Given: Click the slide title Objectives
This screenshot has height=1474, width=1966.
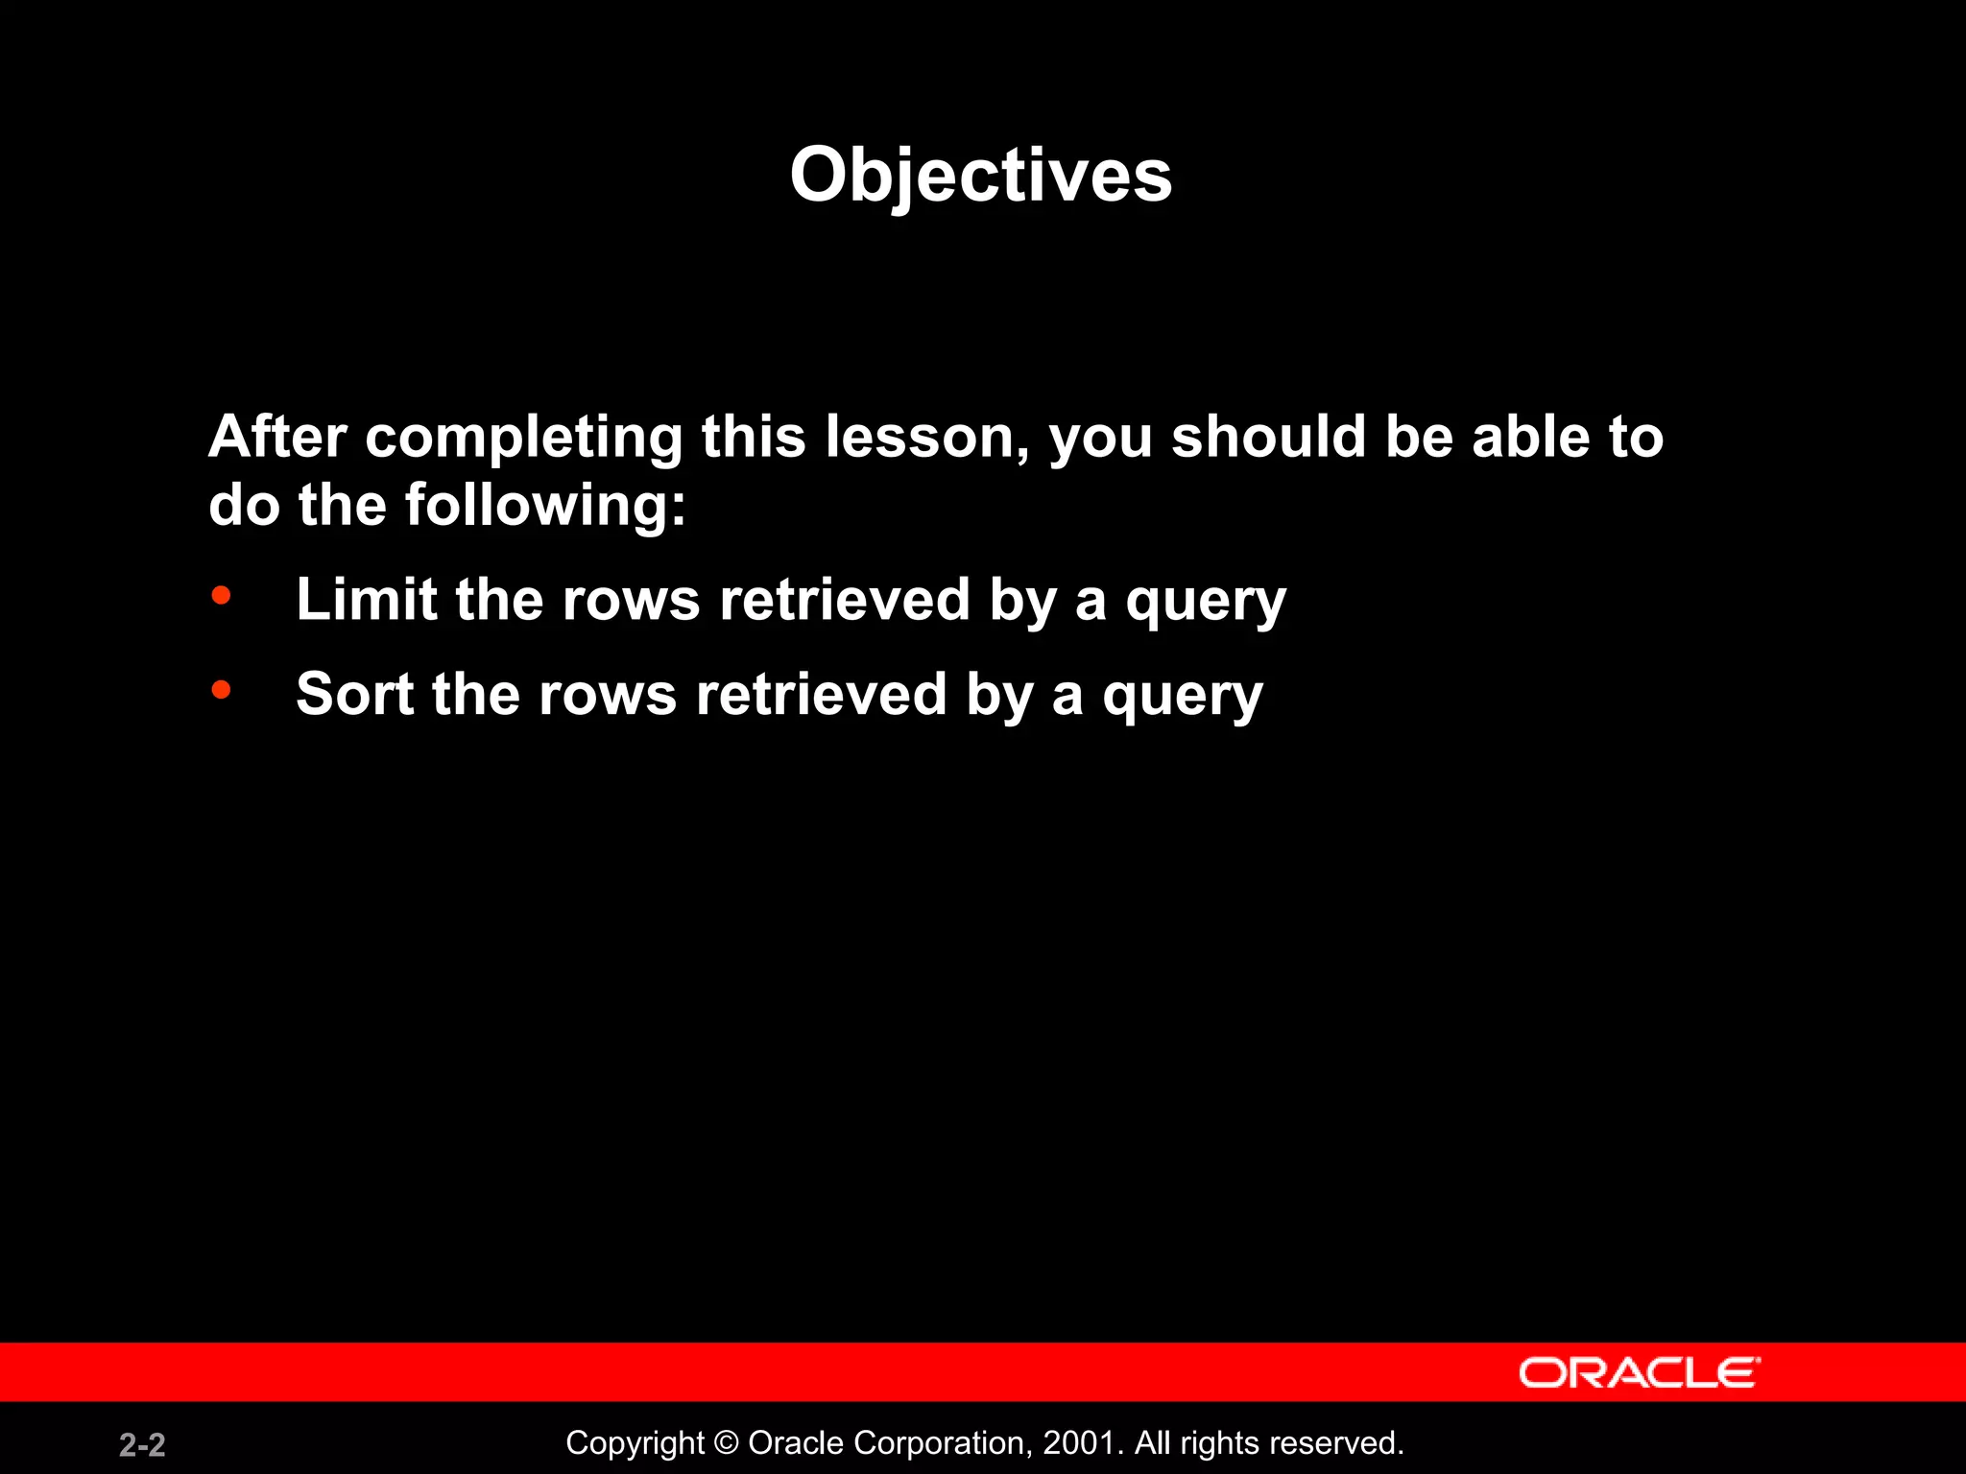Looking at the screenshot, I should coord(980,176).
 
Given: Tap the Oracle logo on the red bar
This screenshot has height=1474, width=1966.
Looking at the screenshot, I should coord(1640,1372).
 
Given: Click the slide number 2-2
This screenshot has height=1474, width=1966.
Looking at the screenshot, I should coord(142,1444).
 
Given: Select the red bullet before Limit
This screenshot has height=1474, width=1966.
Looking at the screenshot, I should coord(222,596).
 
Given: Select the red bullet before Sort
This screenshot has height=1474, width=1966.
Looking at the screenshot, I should coord(222,689).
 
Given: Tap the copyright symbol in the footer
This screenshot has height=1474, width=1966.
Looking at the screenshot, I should coord(727,1443).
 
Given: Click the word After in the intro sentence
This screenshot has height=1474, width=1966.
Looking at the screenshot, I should coord(277,437).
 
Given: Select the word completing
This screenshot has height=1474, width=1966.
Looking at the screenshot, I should coord(524,439).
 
